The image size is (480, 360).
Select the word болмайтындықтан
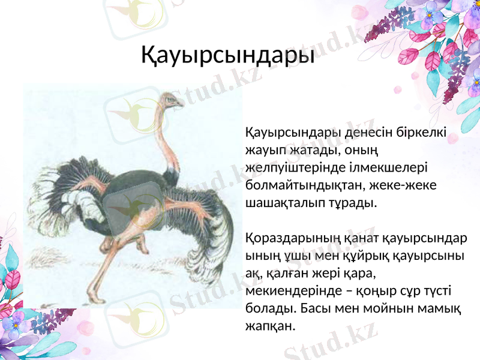click(293, 184)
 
